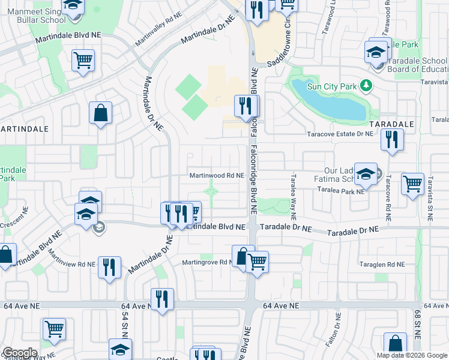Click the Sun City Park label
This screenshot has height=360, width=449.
(x=332, y=86)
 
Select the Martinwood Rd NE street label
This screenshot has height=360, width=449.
(x=217, y=176)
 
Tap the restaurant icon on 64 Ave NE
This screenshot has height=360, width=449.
(x=161, y=298)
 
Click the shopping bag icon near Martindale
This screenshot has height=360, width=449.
(x=100, y=112)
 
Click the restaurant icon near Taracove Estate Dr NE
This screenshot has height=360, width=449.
(x=392, y=140)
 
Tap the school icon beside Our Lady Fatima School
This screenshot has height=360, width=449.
(x=366, y=173)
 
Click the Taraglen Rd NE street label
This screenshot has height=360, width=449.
(x=382, y=265)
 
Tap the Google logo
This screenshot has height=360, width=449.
(x=20, y=353)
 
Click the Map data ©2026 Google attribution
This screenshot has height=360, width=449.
(x=412, y=355)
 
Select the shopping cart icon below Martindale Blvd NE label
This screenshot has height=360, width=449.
(x=83, y=60)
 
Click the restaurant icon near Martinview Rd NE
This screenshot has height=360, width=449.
(x=109, y=266)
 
